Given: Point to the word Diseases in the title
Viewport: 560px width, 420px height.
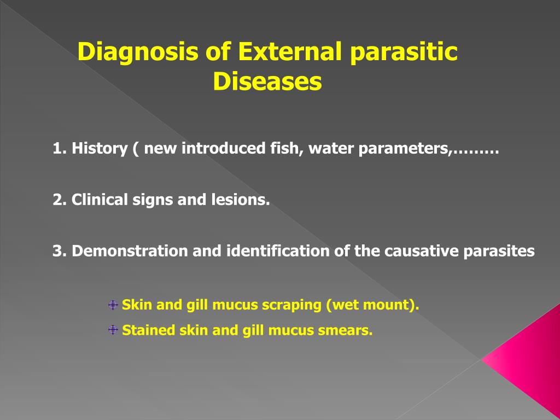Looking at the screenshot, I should [267, 82].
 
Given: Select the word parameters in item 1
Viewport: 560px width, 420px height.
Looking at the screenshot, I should [405, 149].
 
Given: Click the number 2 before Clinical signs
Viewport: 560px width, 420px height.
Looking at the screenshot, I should [57, 200].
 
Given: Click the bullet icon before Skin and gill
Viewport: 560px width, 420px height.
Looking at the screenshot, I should [113, 305].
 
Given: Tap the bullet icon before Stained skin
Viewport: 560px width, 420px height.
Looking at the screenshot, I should [113, 330].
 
